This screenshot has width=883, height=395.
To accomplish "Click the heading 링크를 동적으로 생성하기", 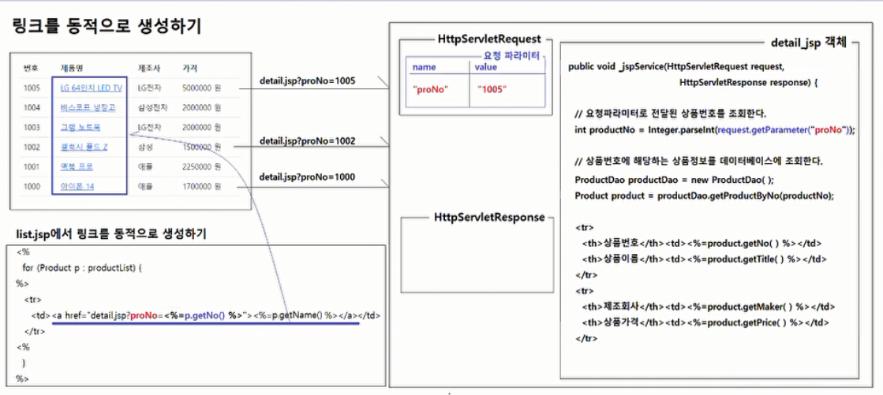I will pyautogui.click(x=107, y=26).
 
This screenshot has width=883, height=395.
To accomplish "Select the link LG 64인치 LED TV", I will pyautogui.click(x=91, y=88).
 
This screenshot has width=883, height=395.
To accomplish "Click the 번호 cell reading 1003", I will pyautogui.click(x=32, y=127).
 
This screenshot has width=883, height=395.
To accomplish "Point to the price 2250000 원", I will pyautogui.click(x=202, y=167).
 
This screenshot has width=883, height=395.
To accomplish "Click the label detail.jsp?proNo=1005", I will pyautogui.click(x=307, y=81).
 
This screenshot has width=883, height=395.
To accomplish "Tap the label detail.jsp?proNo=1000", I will pyautogui.click(x=307, y=178).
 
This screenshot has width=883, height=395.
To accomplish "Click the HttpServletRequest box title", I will pyautogui.click(x=489, y=39).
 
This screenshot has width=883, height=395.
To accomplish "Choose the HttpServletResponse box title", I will pyautogui.click(x=489, y=217).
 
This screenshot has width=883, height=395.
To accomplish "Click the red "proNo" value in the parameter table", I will pyautogui.click(x=430, y=90).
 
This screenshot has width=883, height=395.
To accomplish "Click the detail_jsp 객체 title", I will pyautogui.click(x=806, y=41).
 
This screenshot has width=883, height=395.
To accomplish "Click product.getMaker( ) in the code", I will pyautogui.click(x=746, y=307).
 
